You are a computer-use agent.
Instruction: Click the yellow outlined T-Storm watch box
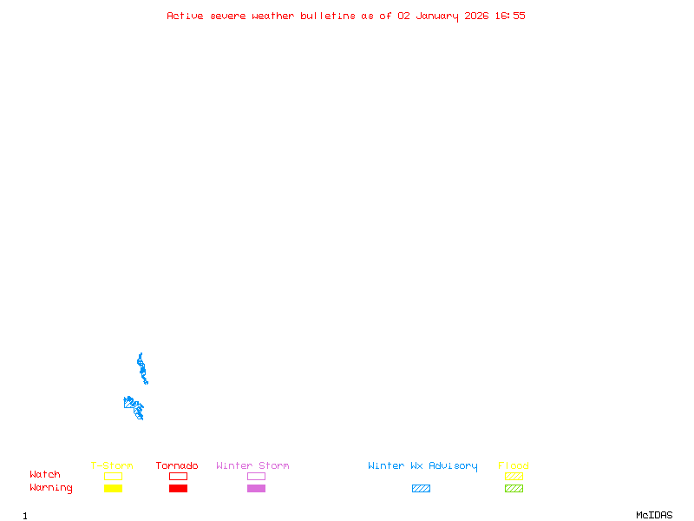click(x=113, y=476)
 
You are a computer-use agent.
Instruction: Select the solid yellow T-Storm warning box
click(x=113, y=488)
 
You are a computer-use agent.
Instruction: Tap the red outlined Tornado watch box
click(x=178, y=476)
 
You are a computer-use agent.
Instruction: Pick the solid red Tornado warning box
click(x=178, y=488)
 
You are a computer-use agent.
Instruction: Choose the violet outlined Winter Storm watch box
click(x=256, y=476)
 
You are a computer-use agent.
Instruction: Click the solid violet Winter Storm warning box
click(x=256, y=488)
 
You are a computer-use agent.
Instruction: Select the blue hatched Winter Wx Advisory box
click(x=421, y=488)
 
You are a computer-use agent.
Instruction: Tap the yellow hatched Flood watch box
click(x=514, y=476)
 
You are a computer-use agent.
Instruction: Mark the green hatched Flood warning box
click(x=514, y=488)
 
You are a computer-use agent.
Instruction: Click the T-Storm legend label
click(x=112, y=466)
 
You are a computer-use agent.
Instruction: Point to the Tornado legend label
click(x=177, y=466)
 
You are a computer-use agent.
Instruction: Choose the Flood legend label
click(x=514, y=466)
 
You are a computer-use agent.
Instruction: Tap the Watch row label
click(x=45, y=475)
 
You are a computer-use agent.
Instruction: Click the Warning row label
click(x=51, y=488)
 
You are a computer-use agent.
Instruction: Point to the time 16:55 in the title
click(x=510, y=16)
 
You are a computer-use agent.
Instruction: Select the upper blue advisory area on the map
click(x=141, y=369)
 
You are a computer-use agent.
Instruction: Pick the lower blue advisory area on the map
click(x=134, y=406)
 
